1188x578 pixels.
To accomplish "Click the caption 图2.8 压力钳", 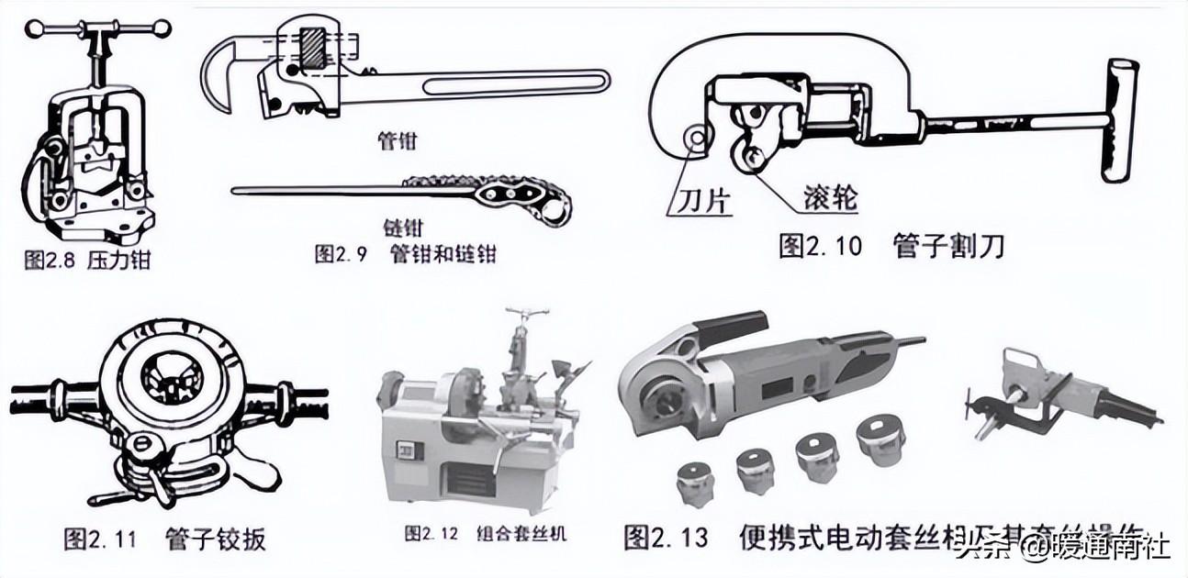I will pyautogui.click(x=86, y=260).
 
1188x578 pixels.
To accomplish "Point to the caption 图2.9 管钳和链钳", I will pyautogui.click(x=405, y=254).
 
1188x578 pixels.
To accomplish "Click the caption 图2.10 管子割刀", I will pyautogui.click(x=891, y=246).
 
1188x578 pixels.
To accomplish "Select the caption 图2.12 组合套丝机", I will pyautogui.click(x=484, y=533).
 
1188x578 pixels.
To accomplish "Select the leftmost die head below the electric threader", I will pyautogui.click(x=695, y=482).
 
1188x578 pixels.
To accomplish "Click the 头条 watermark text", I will pyautogui.click(x=974, y=549).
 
